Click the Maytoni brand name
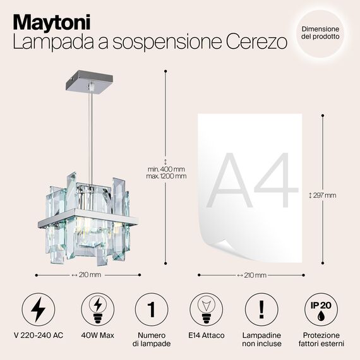tap(52, 21)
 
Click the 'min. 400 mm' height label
tap(167, 169)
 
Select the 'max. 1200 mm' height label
tap(167, 176)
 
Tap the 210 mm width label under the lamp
tap(86, 275)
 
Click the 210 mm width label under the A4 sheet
tap(251, 275)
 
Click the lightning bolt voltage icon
tap(37, 309)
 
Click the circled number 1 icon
tap(151, 309)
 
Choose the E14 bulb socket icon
tap(207, 309)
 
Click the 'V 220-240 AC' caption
tap(37, 335)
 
